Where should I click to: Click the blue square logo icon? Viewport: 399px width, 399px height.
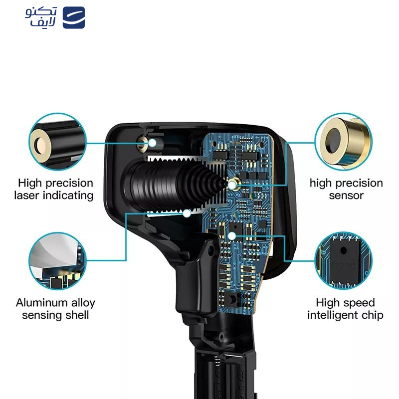(73, 17)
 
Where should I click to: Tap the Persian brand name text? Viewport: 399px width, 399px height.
(41, 17)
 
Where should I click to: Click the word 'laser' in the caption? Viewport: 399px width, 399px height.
(27, 196)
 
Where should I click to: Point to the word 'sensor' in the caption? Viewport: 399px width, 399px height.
(346, 196)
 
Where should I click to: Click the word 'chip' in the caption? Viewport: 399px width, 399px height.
(372, 316)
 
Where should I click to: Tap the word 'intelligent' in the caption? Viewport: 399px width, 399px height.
(333, 316)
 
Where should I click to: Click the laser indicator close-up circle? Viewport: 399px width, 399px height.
(58, 142)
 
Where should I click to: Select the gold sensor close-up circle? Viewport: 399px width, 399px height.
(344, 142)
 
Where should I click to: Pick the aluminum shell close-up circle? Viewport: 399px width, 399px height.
(58, 261)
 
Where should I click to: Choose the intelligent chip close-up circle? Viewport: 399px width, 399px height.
(344, 261)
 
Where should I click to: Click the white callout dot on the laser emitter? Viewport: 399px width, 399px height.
(152, 143)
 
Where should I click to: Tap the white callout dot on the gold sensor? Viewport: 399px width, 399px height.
(232, 185)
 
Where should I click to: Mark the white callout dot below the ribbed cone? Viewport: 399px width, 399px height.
(187, 213)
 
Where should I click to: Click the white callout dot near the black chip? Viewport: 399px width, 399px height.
(232, 236)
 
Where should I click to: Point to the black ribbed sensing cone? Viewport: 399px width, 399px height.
(174, 185)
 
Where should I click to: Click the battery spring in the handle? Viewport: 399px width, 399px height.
(217, 361)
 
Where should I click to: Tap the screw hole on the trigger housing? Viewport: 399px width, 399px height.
(210, 251)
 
